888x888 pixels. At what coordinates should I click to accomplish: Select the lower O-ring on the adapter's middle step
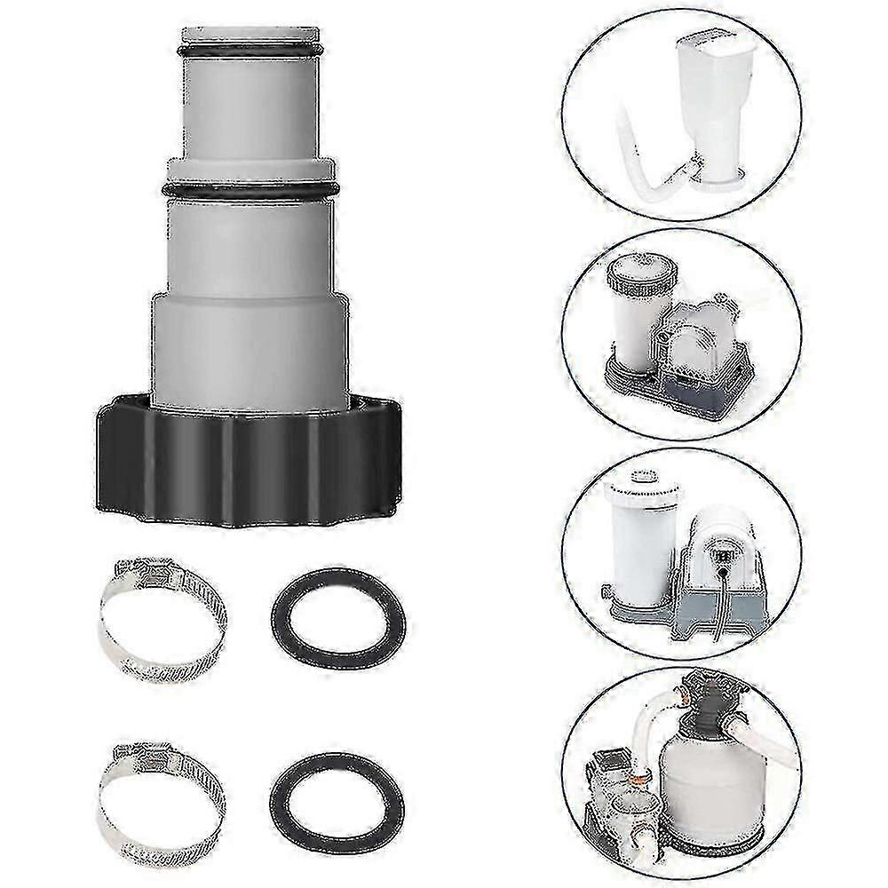250,190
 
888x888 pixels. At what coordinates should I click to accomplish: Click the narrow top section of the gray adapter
250,107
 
